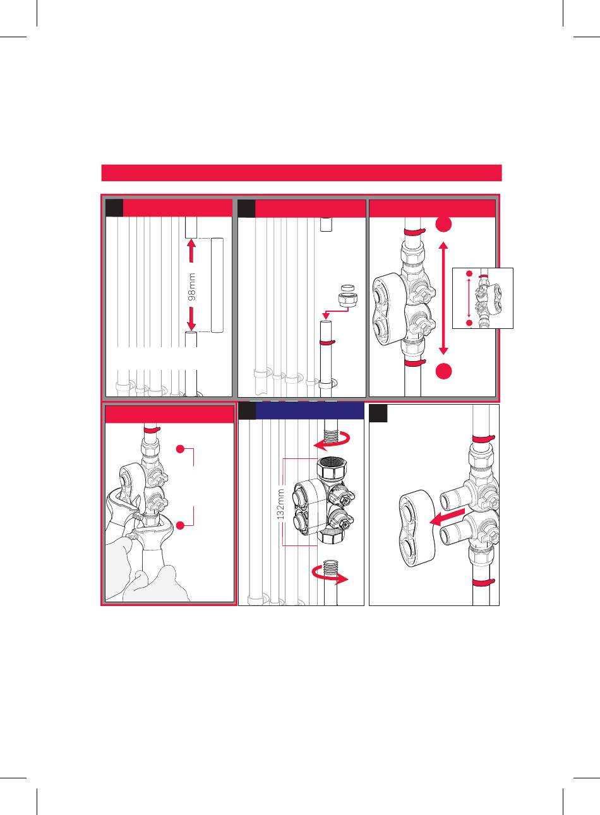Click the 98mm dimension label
point(192,287)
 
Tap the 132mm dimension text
point(280,504)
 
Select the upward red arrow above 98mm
point(191,251)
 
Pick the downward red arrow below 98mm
point(191,319)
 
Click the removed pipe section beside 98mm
point(217,285)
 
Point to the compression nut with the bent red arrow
point(344,300)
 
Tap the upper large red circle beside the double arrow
point(444,224)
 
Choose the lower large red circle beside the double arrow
point(444,371)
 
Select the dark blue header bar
point(310,411)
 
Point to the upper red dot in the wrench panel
point(180,449)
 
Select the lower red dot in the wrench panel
point(180,525)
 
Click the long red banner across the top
point(301,173)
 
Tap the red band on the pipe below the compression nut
point(327,343)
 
